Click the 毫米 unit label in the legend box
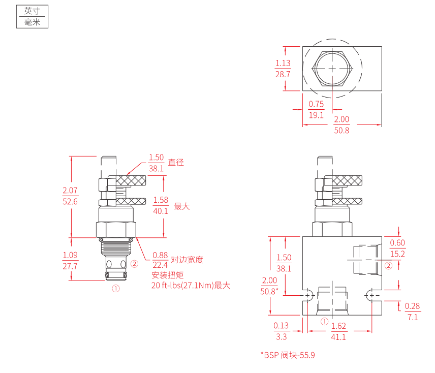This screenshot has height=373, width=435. click(32, 22)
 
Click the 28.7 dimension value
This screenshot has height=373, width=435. click(283, 74)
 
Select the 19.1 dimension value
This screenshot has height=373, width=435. click(317, 115)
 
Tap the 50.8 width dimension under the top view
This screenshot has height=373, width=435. click(341, 130)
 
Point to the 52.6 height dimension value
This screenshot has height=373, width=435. click(70, 201)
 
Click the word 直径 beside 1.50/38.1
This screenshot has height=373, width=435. click(176, 163)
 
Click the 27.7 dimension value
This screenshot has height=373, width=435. click(70, 266)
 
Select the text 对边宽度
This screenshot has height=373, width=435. click(187, 260)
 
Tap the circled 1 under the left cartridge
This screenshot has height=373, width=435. click(116, 288)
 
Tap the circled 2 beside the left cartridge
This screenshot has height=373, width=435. click(134, 264)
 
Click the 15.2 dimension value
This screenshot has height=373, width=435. click(397, 254)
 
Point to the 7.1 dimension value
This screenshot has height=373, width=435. click(412, 317)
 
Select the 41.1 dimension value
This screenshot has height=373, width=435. click(338, 337)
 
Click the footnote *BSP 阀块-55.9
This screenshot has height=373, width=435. click(288, 355)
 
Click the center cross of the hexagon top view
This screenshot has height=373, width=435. click(332, 69)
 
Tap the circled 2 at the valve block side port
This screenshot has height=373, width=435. click(389, 265)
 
